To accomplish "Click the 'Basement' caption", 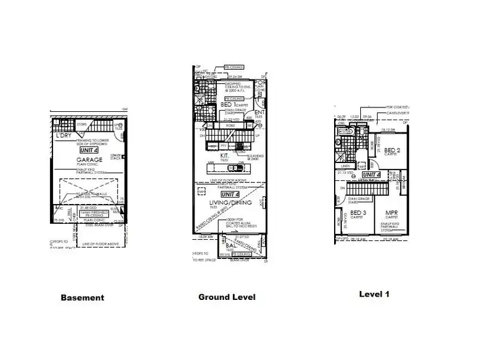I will (x=82, y=297).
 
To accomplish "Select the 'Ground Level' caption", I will (x=227, y=297).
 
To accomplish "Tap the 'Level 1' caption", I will (x=374, y=294).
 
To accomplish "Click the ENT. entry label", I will (x=260, y=112).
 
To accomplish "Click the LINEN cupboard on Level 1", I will (x=346, y=165).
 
